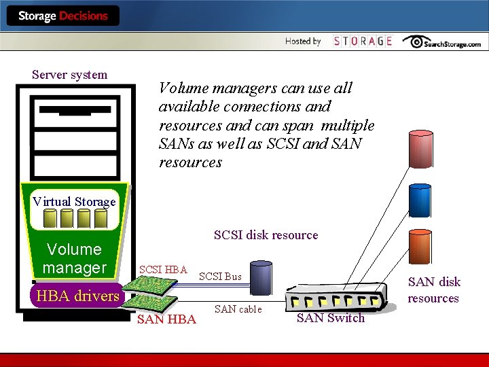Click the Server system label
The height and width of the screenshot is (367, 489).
click(69, 75)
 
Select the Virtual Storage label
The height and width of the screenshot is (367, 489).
click(74, 201)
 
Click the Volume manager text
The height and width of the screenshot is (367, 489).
click(74, 258)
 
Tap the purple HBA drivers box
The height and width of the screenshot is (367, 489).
click(78, 296)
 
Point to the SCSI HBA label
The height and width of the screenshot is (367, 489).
click(163, 270)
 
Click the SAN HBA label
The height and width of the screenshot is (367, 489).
click(166, 319)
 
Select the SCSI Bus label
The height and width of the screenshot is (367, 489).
click(220, 277)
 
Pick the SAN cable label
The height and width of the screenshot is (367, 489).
click(238, 309)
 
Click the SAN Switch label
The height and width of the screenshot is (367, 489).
click(331, 318)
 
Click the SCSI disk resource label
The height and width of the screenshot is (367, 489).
click(266, 235)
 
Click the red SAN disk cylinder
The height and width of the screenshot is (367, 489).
click(420, 148)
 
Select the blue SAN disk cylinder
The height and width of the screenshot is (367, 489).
click(420, 200)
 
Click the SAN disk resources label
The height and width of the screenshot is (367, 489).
click(434, 290)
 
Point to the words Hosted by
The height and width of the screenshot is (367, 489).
click(303, 41)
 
